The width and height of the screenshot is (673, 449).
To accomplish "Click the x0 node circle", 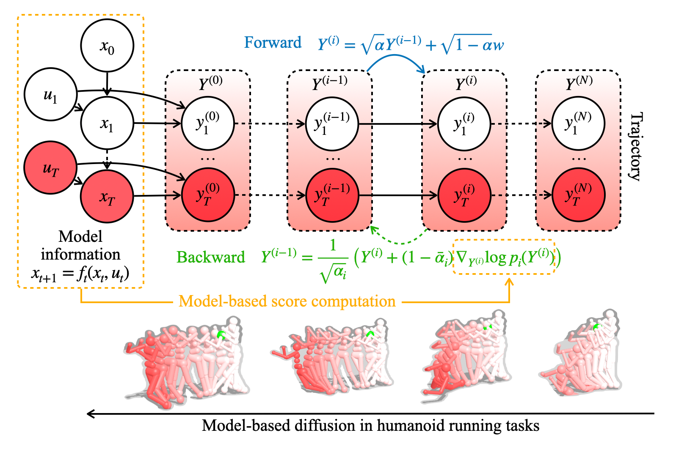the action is click(x=107, y=46).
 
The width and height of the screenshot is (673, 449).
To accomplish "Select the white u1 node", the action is click(x=51, y=94).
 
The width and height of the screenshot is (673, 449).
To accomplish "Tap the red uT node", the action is click(x=50, y=168).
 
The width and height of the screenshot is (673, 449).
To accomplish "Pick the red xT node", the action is click(x=107, y=197).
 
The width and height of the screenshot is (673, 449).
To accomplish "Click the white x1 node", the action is click(x=107, y=123).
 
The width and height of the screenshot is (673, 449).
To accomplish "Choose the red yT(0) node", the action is click(x=208, y=195).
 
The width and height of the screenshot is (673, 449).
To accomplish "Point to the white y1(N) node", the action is click(x=578, y=123).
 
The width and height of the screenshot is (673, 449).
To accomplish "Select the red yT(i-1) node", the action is click(x=332, y=195).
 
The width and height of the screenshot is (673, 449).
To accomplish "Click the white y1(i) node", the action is click(x=464, y=123).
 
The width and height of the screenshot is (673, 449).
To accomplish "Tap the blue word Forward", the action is click(x=273, y=42).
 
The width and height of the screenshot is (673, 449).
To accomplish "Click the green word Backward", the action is click(x=211, y=257).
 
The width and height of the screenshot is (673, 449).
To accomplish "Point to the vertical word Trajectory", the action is click(x=635, y=147).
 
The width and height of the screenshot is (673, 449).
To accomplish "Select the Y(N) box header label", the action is click(x=579, y=82).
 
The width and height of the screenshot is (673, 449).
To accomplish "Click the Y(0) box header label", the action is click(x=211, y=82).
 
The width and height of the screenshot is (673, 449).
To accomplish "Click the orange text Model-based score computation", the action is click(x=287, y=301).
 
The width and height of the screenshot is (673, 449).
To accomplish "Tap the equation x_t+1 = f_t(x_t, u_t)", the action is click(x=80, y=274).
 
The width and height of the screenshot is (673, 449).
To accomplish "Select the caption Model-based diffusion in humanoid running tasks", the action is click(x=370, y=426).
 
